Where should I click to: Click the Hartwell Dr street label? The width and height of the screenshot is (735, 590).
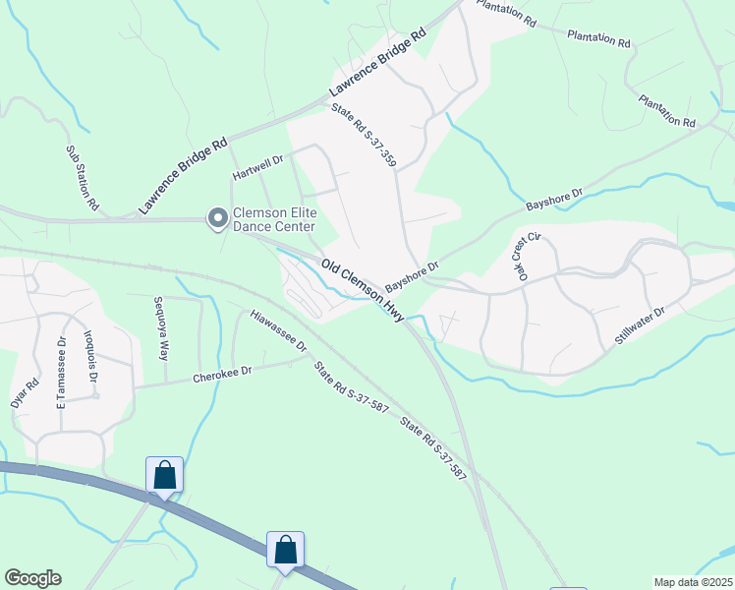(257, 166)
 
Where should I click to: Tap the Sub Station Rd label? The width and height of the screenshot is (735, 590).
(83, 178)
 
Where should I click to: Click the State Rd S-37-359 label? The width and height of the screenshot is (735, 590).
(364, 135)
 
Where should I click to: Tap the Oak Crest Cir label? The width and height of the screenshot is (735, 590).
(531, 257)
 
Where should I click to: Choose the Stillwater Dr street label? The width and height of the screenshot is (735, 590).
(641, 324)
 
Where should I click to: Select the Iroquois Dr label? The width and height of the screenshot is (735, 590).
(89, 355)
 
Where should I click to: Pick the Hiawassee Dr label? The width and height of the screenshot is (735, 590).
(279, 332)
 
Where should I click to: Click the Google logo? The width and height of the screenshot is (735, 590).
(32, 578)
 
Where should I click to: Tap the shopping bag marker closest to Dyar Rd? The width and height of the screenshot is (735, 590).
(164, 475)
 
